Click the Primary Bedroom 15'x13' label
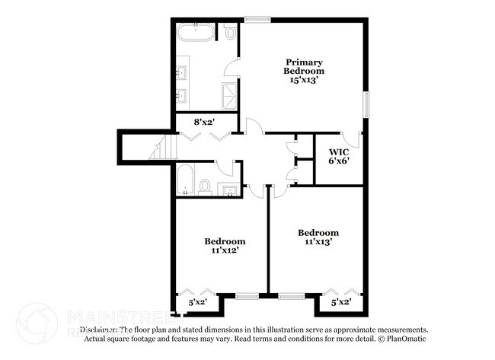click(x=305, y=69)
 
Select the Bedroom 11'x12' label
click(x=224, y=245)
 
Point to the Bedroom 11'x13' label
click(x=318, y=237)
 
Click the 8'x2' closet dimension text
click(x=205, y=121)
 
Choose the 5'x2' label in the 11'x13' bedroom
click(x=341, y=302)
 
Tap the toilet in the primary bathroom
click(x=231, y=33)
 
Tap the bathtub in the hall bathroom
click(x=185, y=181)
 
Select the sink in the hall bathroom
click(x=228, y=189)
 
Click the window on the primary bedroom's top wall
click(x=258, y=19)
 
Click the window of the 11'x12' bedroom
click(x=247, y=295)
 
